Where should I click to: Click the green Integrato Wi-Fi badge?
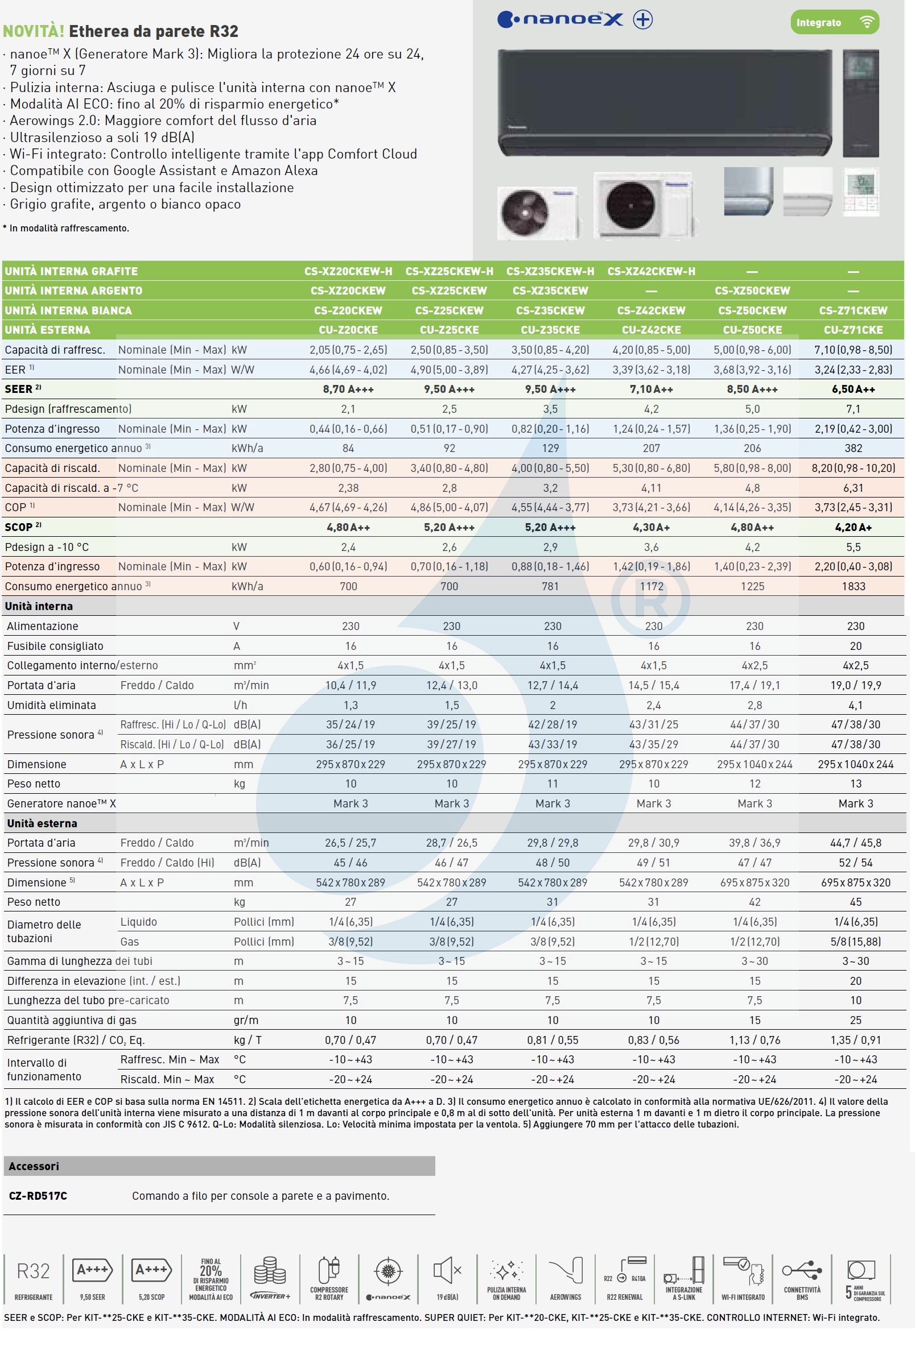click(x=834, y=23)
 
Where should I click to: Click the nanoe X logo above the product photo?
click(x=574, y=20)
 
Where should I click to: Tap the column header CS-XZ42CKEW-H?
click(x=651, y=271)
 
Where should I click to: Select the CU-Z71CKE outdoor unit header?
click(x=853, y=330)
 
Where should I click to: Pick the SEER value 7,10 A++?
click(x=651, y=389)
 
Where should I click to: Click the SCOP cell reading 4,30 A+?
click(x=651, y=527)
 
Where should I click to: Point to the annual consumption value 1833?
click(x=853, y=586)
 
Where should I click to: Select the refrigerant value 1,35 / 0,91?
click(x=855, y=1040)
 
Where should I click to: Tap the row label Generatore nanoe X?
click(x=61, y=803)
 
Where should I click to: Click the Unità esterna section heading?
click(x=42, y=823)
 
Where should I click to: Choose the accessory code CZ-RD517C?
click(x=38, y=1196)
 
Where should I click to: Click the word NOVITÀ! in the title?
click(x=33, y=31)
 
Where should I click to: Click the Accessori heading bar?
click(x=218, y=1166)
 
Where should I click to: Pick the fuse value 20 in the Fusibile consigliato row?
click(x=855, y=646)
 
